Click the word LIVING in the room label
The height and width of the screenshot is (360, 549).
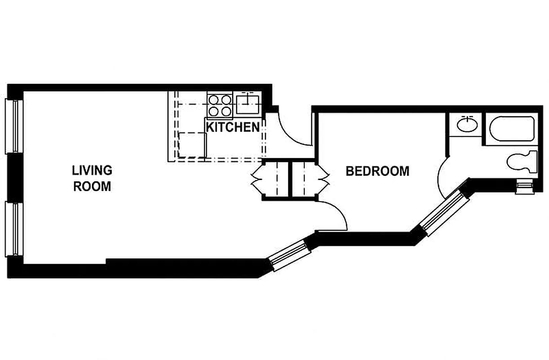point(92,171)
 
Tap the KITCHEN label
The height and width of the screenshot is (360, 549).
point(232,127)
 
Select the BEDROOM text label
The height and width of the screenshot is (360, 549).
point(377,171)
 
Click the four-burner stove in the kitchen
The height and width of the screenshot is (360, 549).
point(219,104)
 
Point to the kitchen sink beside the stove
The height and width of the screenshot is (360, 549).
point(248,103)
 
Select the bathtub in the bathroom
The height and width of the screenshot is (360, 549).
point(512,129)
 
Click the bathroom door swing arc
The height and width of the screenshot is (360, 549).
point(442,177)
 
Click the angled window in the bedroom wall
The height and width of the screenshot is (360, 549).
point(442,213)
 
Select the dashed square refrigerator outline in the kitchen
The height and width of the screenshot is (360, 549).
point(192,145)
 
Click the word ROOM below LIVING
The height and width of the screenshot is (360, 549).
point(92,186)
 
